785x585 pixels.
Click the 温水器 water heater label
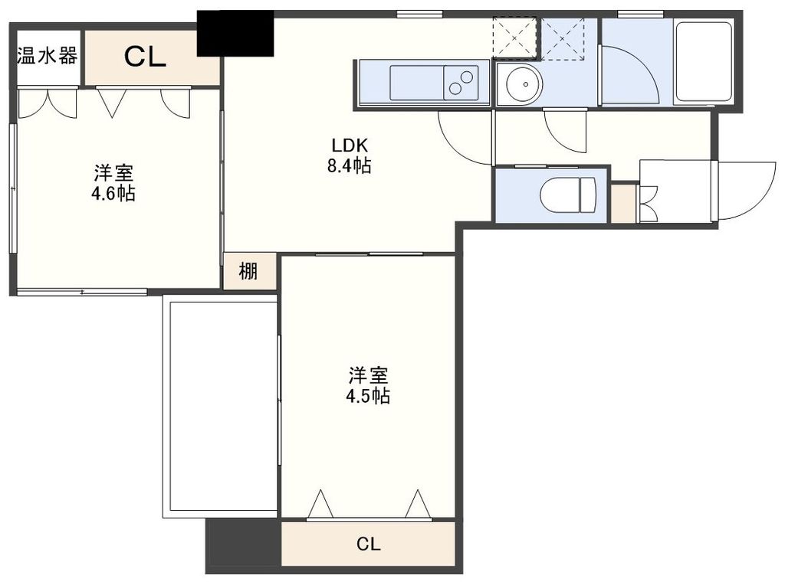(x=46, y=56)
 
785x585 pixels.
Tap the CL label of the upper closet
(x=146, y=58)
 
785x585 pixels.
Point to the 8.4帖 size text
(x=350, y=166)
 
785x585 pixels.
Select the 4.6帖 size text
(x=113, y=193)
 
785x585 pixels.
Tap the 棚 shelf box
(x=248, y=271)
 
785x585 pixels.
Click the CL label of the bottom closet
(x=369, y=544)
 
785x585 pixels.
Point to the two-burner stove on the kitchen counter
(x=462, y=82)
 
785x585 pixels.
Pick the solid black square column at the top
(x=235, y=33)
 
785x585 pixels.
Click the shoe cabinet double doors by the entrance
(x=647, y=204)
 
